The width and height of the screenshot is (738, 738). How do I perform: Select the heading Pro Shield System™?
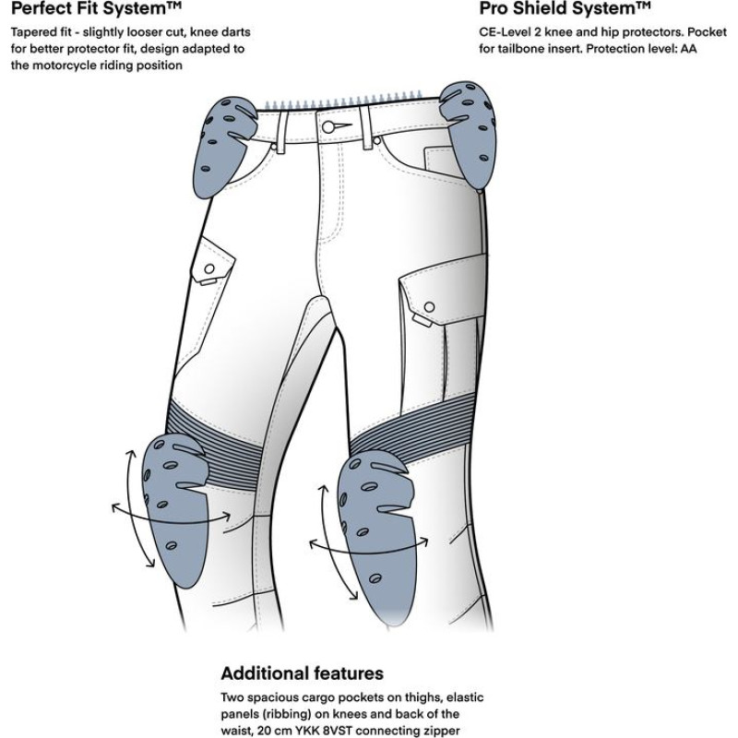click(x=564, y=10)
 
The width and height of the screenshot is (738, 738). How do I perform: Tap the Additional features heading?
click(x=302, y=673)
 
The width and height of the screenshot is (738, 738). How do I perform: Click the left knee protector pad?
click(x=179, y=510)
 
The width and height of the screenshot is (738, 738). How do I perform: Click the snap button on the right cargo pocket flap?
click(x=430, y=307)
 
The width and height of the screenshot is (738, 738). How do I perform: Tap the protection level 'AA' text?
click(x=688, y=49)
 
